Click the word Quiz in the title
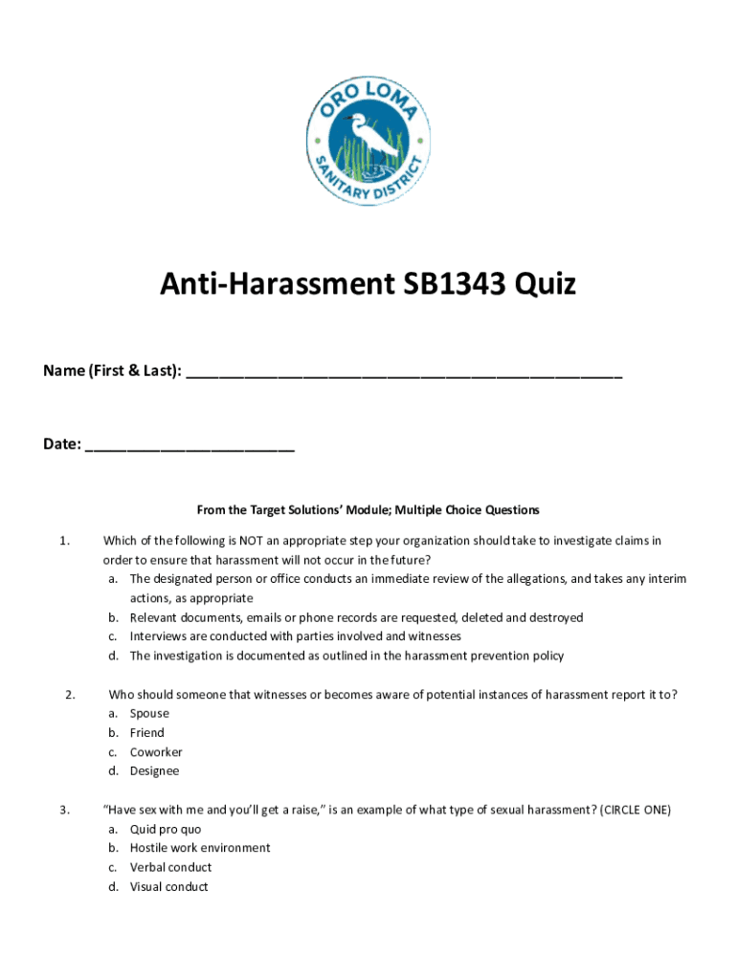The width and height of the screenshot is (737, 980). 546,284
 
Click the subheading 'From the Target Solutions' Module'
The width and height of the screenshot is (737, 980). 368,510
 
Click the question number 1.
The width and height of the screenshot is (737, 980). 63,542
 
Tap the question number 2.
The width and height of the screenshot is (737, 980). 70,695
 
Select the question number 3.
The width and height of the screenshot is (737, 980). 63,811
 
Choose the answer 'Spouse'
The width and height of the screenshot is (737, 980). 149,714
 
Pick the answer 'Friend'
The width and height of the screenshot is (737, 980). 147,733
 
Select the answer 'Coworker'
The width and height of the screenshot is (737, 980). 156,752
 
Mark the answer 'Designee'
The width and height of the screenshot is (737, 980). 155,771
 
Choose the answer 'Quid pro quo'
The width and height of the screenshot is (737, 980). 166,830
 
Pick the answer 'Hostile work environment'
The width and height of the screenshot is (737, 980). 200,848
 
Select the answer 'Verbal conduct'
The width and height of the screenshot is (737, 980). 171,868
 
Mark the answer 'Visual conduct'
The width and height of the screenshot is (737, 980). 169,887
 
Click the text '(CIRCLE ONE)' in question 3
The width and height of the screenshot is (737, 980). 635,811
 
